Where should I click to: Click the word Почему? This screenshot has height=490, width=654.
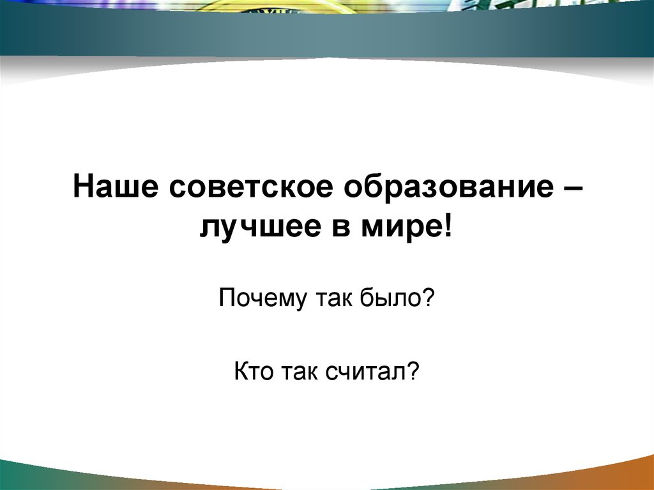coord(262,298)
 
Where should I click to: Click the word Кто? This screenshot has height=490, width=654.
coord(254,369)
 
